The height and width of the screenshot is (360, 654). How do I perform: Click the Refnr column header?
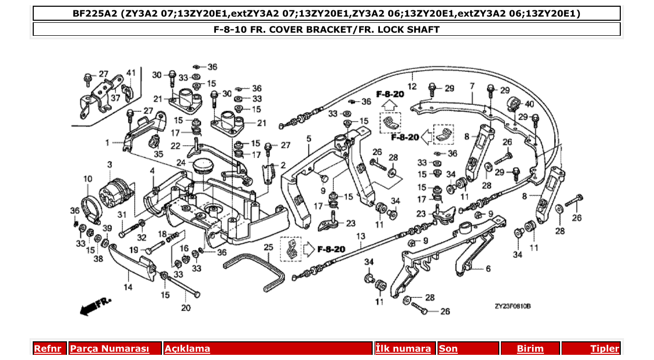[47, 349]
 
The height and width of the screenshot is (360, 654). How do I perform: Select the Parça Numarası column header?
[109, 349]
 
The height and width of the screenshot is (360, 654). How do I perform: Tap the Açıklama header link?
[187, 349]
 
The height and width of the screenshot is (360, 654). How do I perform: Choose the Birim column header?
[530, 349]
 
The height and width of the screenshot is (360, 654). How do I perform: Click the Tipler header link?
[605, 349]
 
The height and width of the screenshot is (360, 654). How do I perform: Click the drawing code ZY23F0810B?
[512, 306]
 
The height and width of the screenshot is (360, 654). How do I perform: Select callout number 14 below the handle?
[128, 285]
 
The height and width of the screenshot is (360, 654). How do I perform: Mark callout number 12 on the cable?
[412, 87]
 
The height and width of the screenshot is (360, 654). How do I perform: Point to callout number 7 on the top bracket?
[472, 86]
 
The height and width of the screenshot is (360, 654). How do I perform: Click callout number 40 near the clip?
[529, 104]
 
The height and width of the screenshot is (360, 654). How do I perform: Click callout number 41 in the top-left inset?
[130, 73]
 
